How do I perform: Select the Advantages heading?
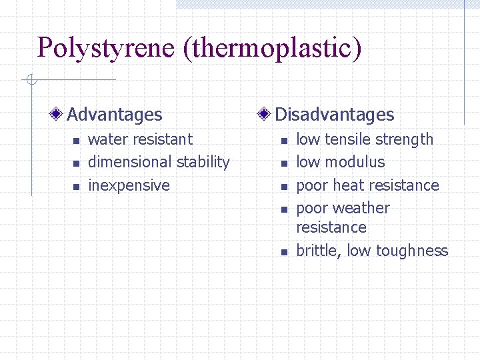coord(115,115)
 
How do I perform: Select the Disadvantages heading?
coord(334,115)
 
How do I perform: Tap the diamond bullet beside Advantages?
coord(59,115)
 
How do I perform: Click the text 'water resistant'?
coord(140,139)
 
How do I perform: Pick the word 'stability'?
coord(203,162)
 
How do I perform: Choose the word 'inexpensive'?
coord(129,185)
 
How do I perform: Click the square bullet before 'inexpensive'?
coord(76,186)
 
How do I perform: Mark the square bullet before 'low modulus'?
coord(284,163)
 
